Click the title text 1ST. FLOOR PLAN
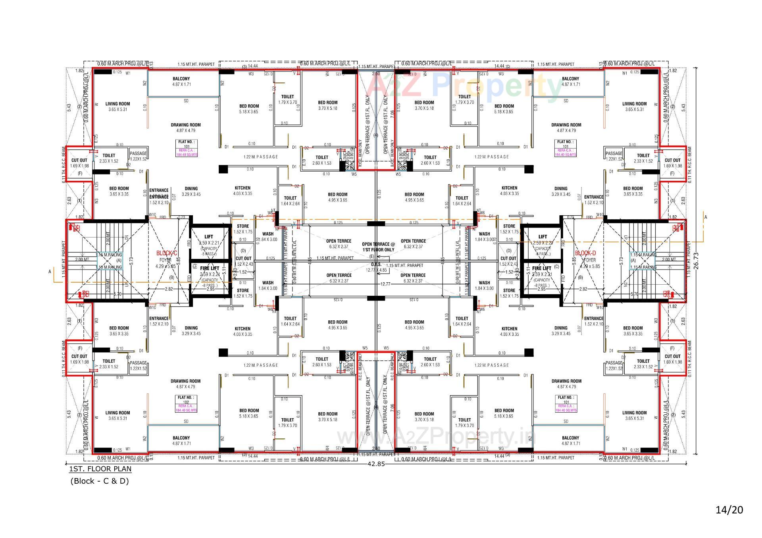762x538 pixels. (100, 469)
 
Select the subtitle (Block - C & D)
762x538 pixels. (100, 481)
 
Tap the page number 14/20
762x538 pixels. (729, 509)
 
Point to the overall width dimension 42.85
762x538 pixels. (376, 463)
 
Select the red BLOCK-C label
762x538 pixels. (166, 253)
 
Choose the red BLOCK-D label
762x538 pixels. (585, 253)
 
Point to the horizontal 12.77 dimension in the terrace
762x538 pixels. (385, 284)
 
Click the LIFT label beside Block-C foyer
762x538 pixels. (208, 237)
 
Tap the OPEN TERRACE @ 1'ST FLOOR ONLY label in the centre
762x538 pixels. (378, 247)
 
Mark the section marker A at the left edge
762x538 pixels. (50, 272)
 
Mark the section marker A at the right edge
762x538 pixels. (705, 217)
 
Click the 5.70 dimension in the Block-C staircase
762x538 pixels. (117, 294)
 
